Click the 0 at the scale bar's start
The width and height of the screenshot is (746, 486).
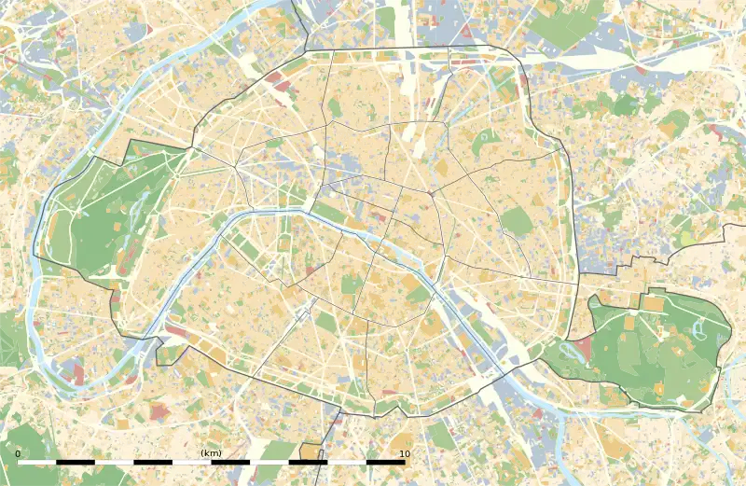tap(18, 453)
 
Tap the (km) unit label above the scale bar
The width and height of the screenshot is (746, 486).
tap(211, 453)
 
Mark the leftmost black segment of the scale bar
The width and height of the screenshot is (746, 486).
tap(76, 462)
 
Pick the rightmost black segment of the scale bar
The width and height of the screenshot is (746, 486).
tap(384, 462)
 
